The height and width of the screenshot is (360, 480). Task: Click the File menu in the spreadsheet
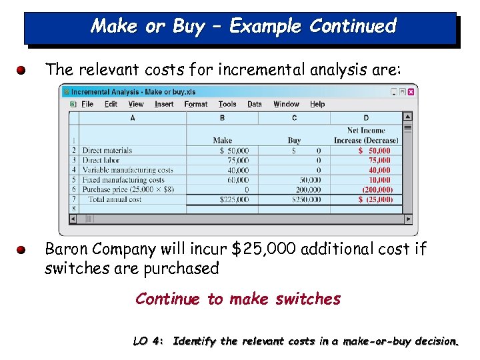click(x=87, y=104)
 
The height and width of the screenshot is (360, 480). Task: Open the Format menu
click(x=195, y=104)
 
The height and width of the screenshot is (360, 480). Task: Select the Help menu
click(x=317, y=104)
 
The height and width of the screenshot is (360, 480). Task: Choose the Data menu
click(x=255, y=104)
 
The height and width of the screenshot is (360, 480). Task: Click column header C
click(x=294, y=118)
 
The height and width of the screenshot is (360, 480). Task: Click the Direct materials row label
click(x=107, y=151)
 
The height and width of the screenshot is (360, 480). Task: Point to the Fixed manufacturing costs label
click(x=123, y=180)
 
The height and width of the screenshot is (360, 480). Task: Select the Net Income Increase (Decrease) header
click(x=366, y=136)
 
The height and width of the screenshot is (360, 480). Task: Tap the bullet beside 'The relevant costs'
click(x=22, y=69)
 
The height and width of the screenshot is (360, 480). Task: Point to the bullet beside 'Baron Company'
click(x=22, y=250)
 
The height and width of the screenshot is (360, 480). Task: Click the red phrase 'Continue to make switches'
click(x=237, y=299)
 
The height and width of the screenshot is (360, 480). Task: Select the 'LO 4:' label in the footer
click(x=148, y=341)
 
